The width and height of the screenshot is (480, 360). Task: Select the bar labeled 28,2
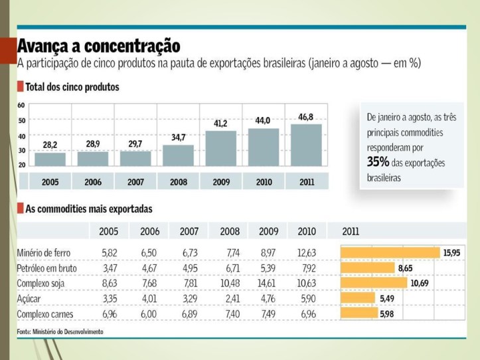click(50, 159)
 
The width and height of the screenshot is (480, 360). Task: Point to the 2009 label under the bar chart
click(220, 181)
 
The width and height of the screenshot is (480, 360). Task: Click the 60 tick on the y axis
click(21, 106)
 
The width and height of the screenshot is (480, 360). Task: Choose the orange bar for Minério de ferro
click(390, 252)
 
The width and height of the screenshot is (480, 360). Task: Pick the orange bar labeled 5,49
click(358, 298)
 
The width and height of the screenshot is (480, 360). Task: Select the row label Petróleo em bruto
click(46, 268)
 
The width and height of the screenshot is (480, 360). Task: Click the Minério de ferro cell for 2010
click(307, 253)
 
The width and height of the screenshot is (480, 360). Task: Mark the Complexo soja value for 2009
click(268, 284)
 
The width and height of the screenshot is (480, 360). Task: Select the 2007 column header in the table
click(190, 232)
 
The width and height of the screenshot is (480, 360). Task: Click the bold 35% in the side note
click(378, 161)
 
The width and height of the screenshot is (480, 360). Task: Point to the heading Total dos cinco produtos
click(72, 87)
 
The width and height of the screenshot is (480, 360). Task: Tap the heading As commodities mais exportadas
click(88, 209)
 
